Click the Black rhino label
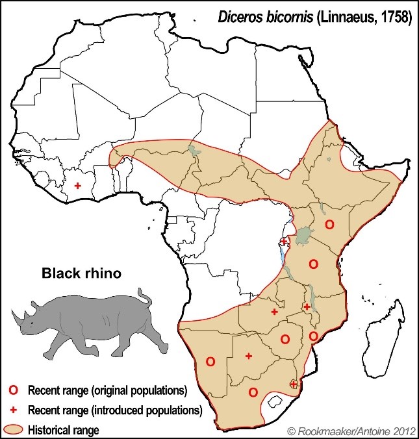[x=81, y=273]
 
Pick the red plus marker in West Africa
[x=78, y=186]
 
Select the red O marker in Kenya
[x=329, y=224]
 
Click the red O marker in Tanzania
[x=313, y=264]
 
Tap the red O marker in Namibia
[x=210, y=361]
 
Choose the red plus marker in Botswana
[x=249, y=356]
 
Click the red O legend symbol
[x=12, y=391]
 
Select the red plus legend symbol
[x=12, y=410]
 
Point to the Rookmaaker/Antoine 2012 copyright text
[x=349, y=430]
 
